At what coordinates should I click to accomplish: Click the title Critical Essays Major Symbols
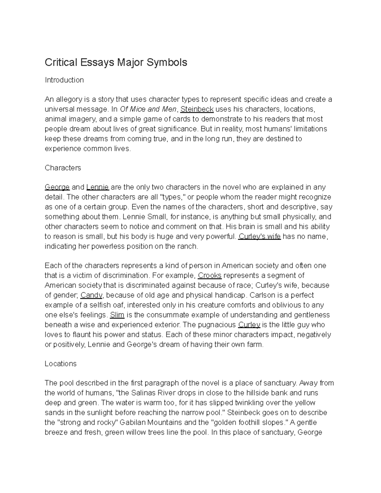pos(116,62)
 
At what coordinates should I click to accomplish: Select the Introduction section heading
pos(64,80)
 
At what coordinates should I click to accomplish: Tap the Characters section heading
pos(63,168)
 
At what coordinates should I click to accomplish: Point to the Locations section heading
pos(61,364)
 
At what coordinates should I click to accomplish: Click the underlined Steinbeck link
pos(197,110)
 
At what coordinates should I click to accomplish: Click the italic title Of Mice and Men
pos(148,110)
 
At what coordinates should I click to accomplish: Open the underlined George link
pos(57,187)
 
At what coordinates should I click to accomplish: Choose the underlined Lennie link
pos(97,187)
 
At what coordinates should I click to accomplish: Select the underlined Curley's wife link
pos(259,237)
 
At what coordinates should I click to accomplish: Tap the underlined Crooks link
pos(210,276)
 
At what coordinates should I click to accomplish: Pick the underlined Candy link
pos(91,295)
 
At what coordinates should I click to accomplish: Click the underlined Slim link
pos(117,315)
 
